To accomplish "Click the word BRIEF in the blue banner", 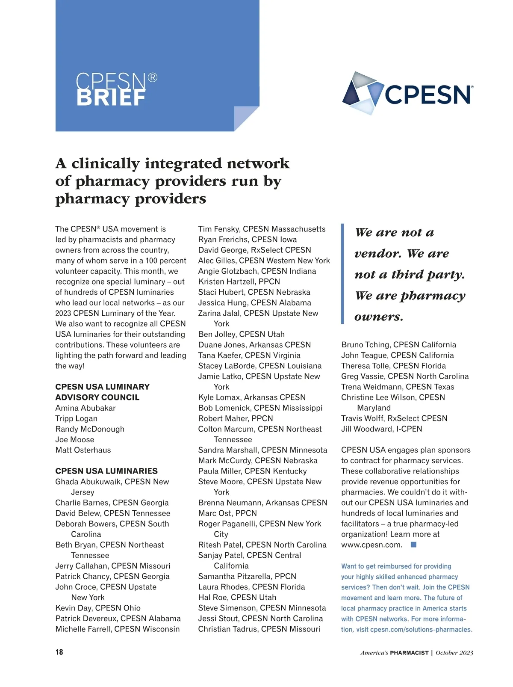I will pyautogui.click(x=111, y=98).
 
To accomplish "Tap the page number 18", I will pyautogui.click(x=59, y=652).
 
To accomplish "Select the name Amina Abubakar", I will pyautogui.click(x=85, y=408).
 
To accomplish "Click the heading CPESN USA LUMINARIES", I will pyautogui.click(x=106, y=471).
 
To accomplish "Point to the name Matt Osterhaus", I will pyautogui.click(x=83, y=450).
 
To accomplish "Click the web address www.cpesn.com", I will pyautogui.click(x=372, y=545).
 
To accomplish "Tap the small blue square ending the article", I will pyautogui.click(x=413, y=545).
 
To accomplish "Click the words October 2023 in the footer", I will pyautogui.click(x=454, y=653).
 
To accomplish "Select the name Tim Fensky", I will pyautogui.click(x=218, y=229).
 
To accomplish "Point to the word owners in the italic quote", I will pyautogui.click(x=379, y=317).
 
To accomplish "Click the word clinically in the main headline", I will pyautogui.click(x=106, y=163).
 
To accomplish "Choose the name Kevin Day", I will pyautogui.click(x=73, y=608).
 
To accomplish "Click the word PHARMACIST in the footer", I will pyautogui.click(x=409, y=653).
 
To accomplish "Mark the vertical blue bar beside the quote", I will pyautogui.click(x=342, y=274).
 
